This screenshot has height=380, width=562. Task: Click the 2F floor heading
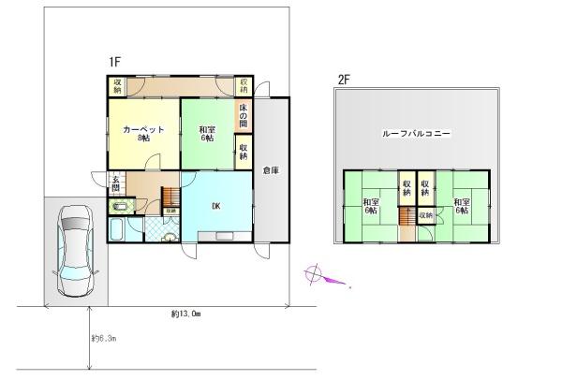pos(344,81)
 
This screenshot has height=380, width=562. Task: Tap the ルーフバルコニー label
pos(417,135)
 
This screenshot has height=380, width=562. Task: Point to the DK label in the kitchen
pos(215,208)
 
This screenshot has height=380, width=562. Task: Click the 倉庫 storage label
pos(271,170)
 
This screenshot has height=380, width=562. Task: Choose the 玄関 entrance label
pos(115,183)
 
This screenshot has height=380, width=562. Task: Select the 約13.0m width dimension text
pos(185,314)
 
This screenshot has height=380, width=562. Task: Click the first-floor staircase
pos(170,198)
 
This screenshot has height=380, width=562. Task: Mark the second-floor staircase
pos(407,217)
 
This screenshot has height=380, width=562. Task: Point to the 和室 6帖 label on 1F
pos(207,133)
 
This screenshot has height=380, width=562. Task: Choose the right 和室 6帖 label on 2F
pos(461,207)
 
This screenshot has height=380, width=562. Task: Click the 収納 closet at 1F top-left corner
pos(118,85)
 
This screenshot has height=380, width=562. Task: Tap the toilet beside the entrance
pos(129,204)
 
